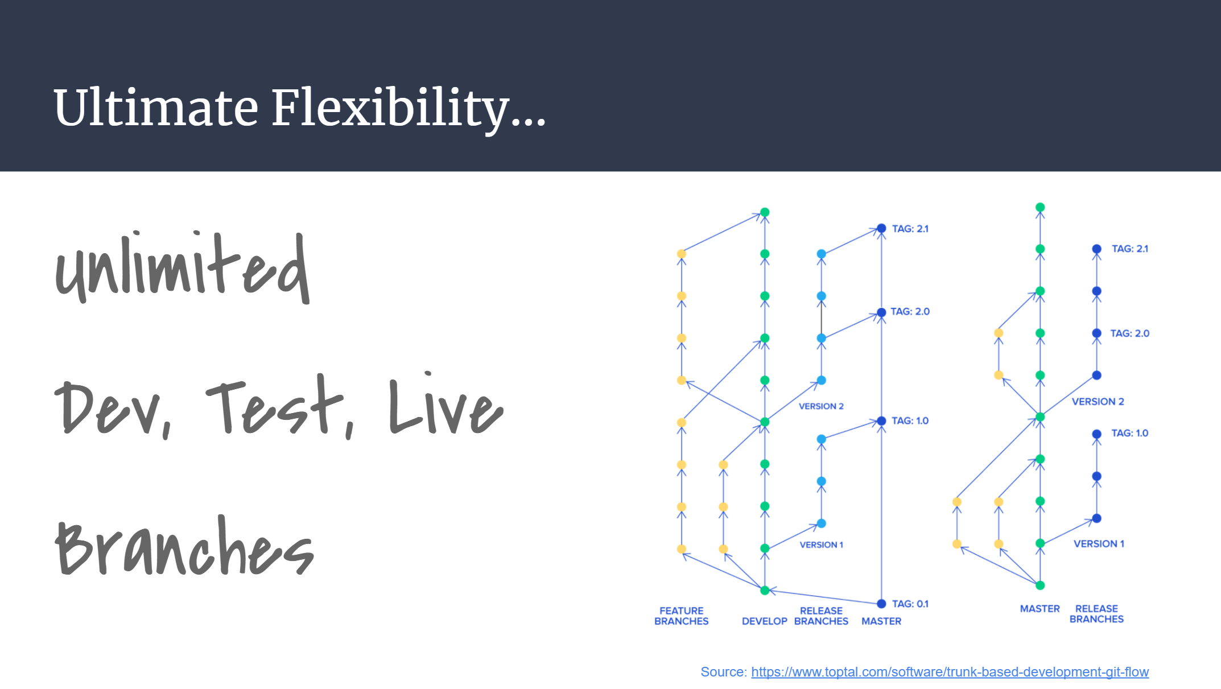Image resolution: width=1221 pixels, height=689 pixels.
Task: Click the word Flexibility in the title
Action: (x=409, y=108)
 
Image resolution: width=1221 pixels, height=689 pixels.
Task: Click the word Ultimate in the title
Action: (x=156, y=108)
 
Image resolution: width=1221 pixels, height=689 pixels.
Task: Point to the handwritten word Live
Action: (x=446, y=403)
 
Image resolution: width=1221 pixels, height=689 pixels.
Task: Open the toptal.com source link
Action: (x=950, y=672)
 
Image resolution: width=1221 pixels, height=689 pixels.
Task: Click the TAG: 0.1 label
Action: (x=910, y=604)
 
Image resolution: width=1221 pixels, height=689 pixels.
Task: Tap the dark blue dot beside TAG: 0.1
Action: (x=881, y=604)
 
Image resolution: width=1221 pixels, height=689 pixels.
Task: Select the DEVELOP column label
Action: (x=764, y=621)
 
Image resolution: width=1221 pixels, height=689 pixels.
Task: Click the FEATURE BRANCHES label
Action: (x=681, y=616)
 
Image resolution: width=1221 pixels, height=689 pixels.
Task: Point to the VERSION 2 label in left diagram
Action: (x=821, y=406)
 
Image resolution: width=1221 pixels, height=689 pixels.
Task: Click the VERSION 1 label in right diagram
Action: (x=1099, y=544)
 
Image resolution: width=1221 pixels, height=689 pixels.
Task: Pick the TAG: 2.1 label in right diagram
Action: (x=1129, y=249)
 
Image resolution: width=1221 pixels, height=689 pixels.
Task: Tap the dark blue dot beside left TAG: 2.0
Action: (x=881, y=312)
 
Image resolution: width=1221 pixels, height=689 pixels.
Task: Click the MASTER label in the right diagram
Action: (x=1039, y=609)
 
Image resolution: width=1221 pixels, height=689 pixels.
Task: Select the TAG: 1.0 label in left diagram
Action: (x=910, y=421)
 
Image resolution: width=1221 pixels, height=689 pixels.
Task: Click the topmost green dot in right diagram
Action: (x=1040, y=208)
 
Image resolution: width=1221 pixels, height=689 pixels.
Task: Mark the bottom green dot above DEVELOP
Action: (x=765, y=591)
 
